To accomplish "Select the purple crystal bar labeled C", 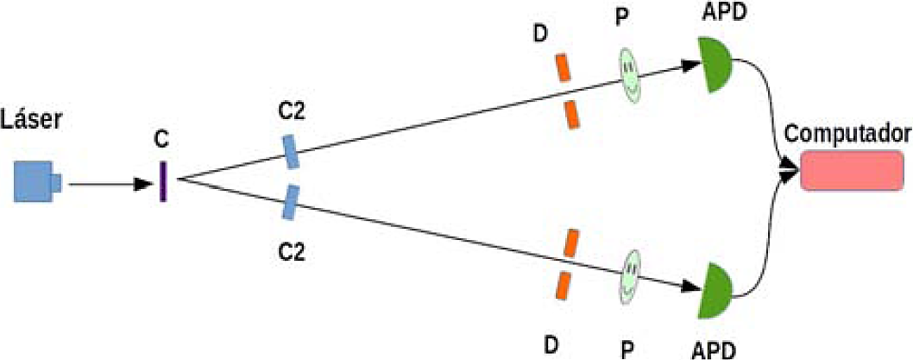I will [x=161, y=181].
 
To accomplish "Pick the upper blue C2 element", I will [x=291, y=150].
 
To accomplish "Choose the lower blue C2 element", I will [x=292, y=201].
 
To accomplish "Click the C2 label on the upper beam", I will [x=291, y=111].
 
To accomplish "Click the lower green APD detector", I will [x=716, y=290].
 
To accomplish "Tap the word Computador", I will [x=848, y=134].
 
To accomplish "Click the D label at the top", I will [x=540, y=35].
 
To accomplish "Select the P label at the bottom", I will [x=629, y=347].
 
